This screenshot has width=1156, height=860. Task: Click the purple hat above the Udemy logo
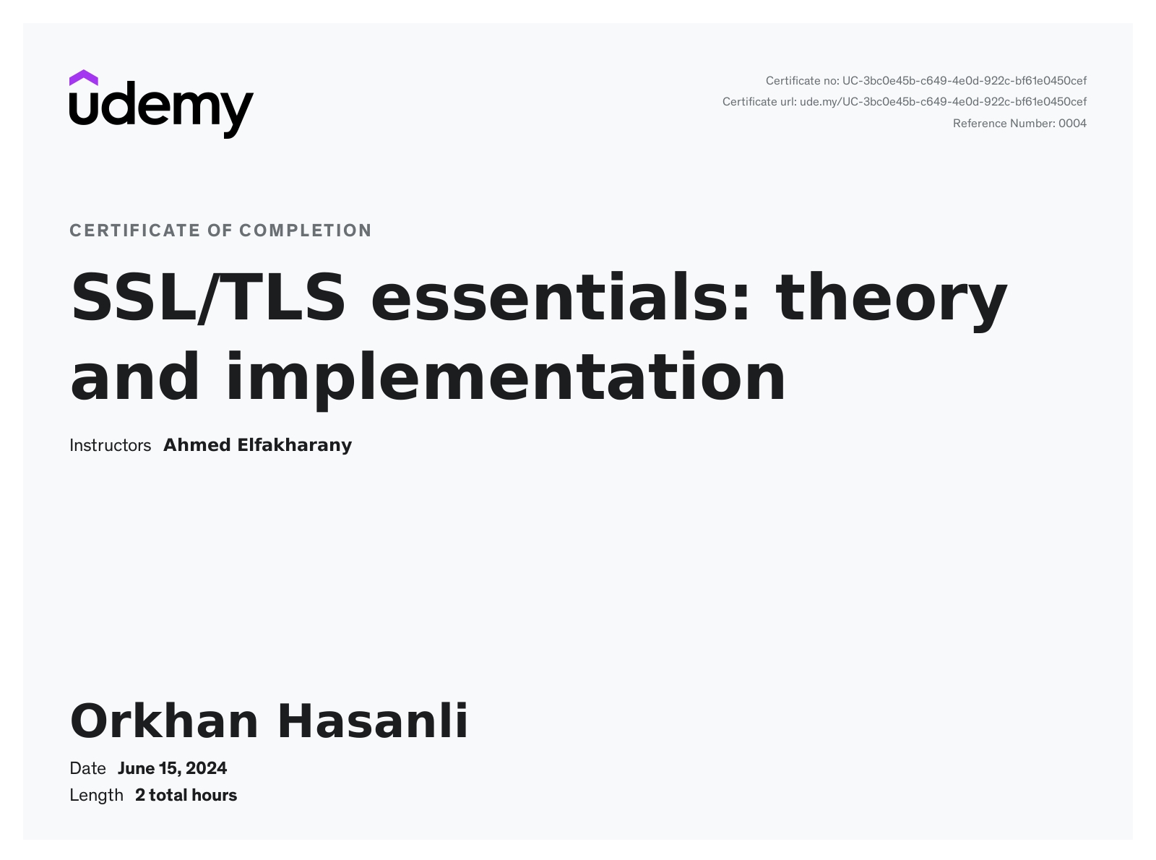click(83, 77)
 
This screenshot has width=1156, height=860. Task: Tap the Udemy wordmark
click(161, 110)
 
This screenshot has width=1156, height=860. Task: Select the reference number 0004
click(1072, 124)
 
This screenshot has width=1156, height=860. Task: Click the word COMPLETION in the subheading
click(306, 231)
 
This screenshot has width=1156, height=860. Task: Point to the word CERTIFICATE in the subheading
click(135, 231)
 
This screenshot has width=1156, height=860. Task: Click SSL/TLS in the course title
click(208, 298)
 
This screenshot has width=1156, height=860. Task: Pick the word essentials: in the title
click(560, 297)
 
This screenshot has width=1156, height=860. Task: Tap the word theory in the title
click(892, 301)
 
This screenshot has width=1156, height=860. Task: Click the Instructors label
click(110, 445)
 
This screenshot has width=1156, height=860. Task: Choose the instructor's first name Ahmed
click(197, 445)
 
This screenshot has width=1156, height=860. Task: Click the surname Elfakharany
click(295, 446)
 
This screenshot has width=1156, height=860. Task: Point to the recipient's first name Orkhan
click(164, 721)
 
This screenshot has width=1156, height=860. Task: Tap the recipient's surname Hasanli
click(374, 721)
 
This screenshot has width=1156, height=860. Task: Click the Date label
click(87, 768)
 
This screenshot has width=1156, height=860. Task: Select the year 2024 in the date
click(207, 768)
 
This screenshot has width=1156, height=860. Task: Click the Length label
click(96, 796)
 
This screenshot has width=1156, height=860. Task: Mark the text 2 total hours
click(186, 796)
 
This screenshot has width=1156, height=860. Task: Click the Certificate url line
click(905, 102)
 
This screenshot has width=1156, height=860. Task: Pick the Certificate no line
click(926, 81)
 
